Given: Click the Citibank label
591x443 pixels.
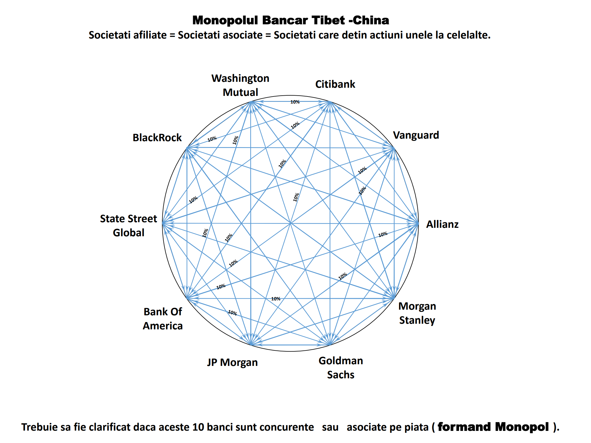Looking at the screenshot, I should (x=335, y=84).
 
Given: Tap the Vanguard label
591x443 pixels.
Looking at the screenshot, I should (x=416, y=135).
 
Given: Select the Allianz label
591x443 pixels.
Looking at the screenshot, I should (x=442, y=224).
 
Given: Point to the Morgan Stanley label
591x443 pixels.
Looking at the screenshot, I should (x=417, y=313).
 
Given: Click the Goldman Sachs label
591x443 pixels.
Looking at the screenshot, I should (x=341, y=368).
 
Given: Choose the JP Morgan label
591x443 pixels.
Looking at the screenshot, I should (x=232, y=362).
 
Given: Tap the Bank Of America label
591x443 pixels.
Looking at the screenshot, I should (x=163, y=319).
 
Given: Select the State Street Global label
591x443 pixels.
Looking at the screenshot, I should (x=129, y=226).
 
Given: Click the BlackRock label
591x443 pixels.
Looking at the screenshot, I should (x=157, y=138).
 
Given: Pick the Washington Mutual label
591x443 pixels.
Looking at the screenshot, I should (x=240, y=85).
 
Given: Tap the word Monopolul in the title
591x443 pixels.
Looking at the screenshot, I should (x=225, y=20).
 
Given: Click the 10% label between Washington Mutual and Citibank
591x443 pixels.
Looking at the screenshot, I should (x=295, y=102).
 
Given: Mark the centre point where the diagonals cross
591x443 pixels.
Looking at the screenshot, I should (x=290, y=223).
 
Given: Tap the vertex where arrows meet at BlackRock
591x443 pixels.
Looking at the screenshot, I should (x=187, y=148).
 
